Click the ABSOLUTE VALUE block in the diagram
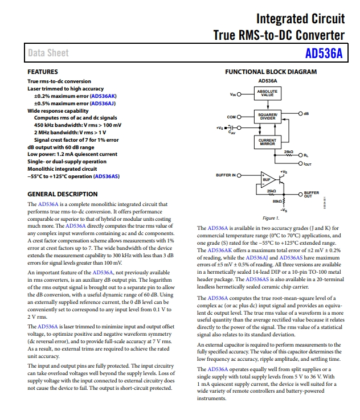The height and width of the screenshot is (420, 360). coord(267,93)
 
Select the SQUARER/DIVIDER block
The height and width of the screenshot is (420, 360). coord(267,117)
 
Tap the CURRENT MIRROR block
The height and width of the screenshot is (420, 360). coord(267,142)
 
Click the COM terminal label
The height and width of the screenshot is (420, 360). coord(231,117)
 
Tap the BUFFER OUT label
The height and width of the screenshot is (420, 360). coord(312,194)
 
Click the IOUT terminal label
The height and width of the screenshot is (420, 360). coord(308,164)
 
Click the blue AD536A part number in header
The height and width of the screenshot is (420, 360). coord(324,53)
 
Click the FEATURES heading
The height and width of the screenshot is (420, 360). coord(43,72)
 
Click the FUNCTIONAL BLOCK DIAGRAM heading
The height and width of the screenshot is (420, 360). coord(271,72)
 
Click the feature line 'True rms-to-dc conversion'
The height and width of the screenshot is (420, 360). coord(59,81)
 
